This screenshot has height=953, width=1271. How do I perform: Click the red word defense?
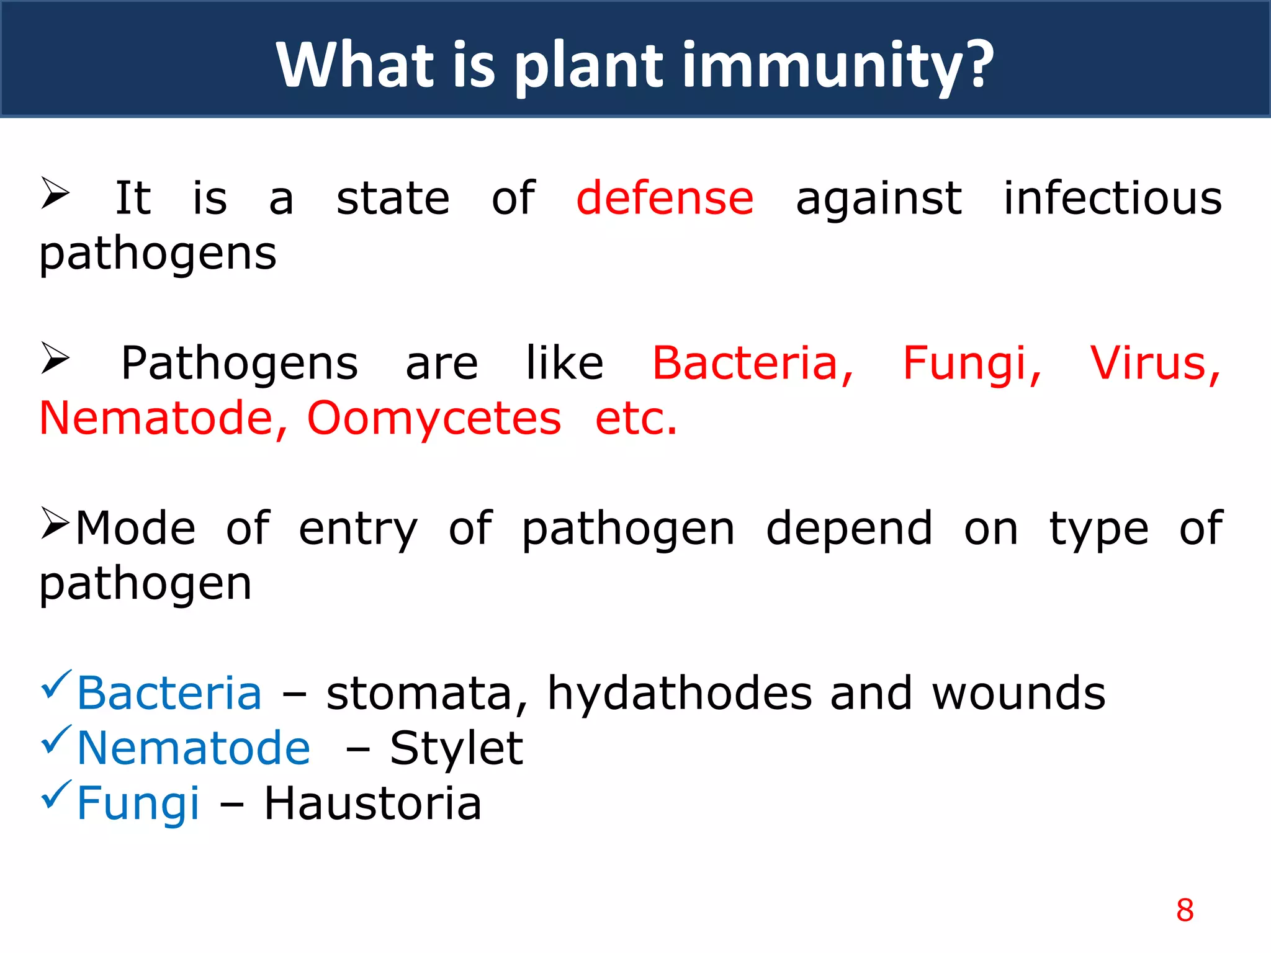(665, 199)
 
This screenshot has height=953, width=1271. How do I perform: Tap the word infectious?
(1113, 199)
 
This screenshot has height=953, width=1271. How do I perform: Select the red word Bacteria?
(753, 364)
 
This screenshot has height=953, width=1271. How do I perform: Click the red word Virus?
(1155, 364)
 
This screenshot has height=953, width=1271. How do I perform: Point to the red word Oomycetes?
(434, 419)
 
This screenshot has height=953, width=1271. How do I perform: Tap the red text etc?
(635, 419)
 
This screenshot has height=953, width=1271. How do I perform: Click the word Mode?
(135, 529)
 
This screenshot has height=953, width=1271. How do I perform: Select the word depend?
(849, 529)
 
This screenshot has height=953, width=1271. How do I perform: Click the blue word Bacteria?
(169, 694)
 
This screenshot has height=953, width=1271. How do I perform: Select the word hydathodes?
(680, 694)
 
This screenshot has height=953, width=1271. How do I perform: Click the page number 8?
(1184, 910)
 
